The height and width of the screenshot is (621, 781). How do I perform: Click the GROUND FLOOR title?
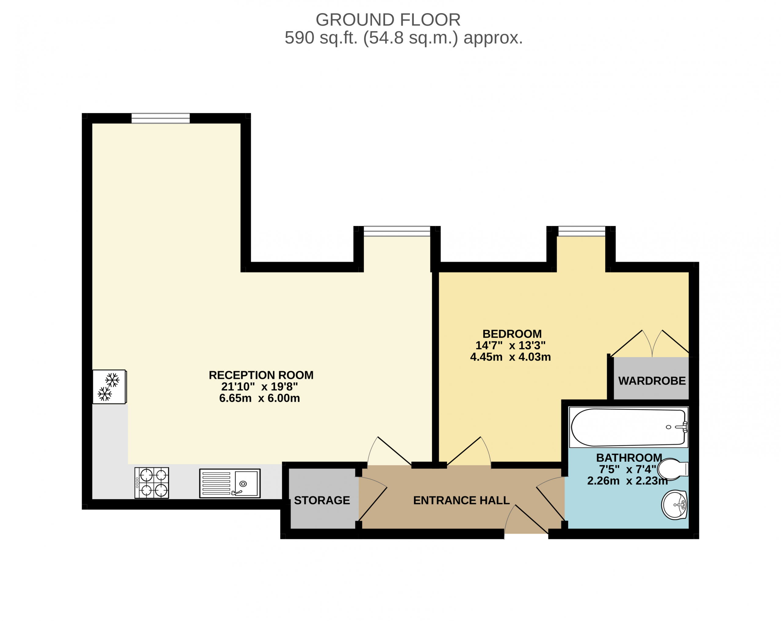tap(388, 20)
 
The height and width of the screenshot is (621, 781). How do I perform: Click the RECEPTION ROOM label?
tap(261, 375)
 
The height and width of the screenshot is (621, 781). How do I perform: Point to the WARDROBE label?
tap(652, 381)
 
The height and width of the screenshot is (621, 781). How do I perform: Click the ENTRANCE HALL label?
tap(462, 500)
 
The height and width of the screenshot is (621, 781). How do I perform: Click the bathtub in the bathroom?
tap(628, 427)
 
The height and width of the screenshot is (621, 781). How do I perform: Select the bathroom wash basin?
tap(675, 505)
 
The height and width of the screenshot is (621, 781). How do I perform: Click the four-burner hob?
tap(152, 483)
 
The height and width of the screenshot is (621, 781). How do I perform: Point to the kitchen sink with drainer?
tap(230, 483)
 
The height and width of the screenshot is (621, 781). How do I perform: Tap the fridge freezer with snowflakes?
tap(110, 387)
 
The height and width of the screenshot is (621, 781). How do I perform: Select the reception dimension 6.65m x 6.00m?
tap(260, 398)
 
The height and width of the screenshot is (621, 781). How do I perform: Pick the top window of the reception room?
tap(160, 118)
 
